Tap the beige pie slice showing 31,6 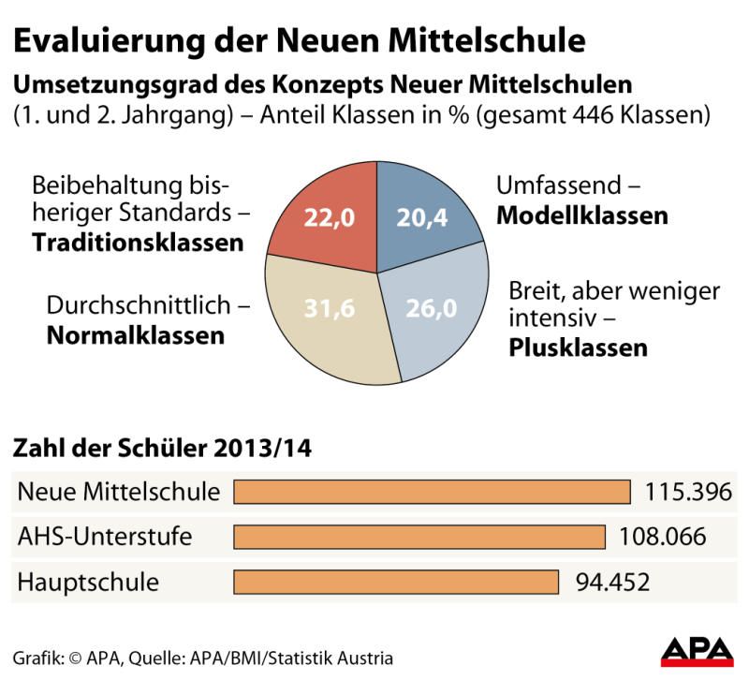(328, 314)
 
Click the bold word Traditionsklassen (138, 243)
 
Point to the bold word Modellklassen (581, 215)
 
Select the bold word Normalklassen (137, 334)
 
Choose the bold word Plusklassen (578, 348)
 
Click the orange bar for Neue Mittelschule (432, 492)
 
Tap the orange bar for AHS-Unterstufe (419, 537)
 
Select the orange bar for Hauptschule (396, 582)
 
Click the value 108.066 (662, 537)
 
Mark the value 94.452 (612, 582)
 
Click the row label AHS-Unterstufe (105, 537)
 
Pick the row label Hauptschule (88, 582)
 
